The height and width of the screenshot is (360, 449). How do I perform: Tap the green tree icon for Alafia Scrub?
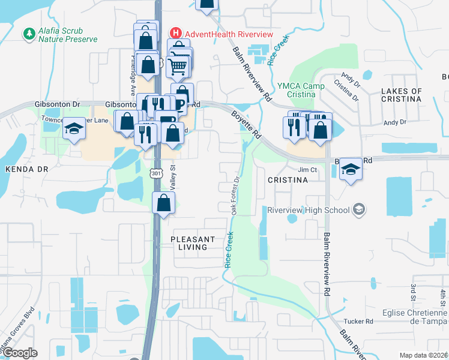(28, 31)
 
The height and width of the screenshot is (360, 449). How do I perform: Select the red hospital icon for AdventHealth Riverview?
(176, 32)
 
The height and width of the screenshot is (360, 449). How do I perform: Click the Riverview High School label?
(308, 209)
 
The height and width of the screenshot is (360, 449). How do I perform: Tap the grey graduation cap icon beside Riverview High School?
(358, 209)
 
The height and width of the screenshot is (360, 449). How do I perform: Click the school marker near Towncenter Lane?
(74, 129)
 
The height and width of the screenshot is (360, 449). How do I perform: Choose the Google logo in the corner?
(20, 353)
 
